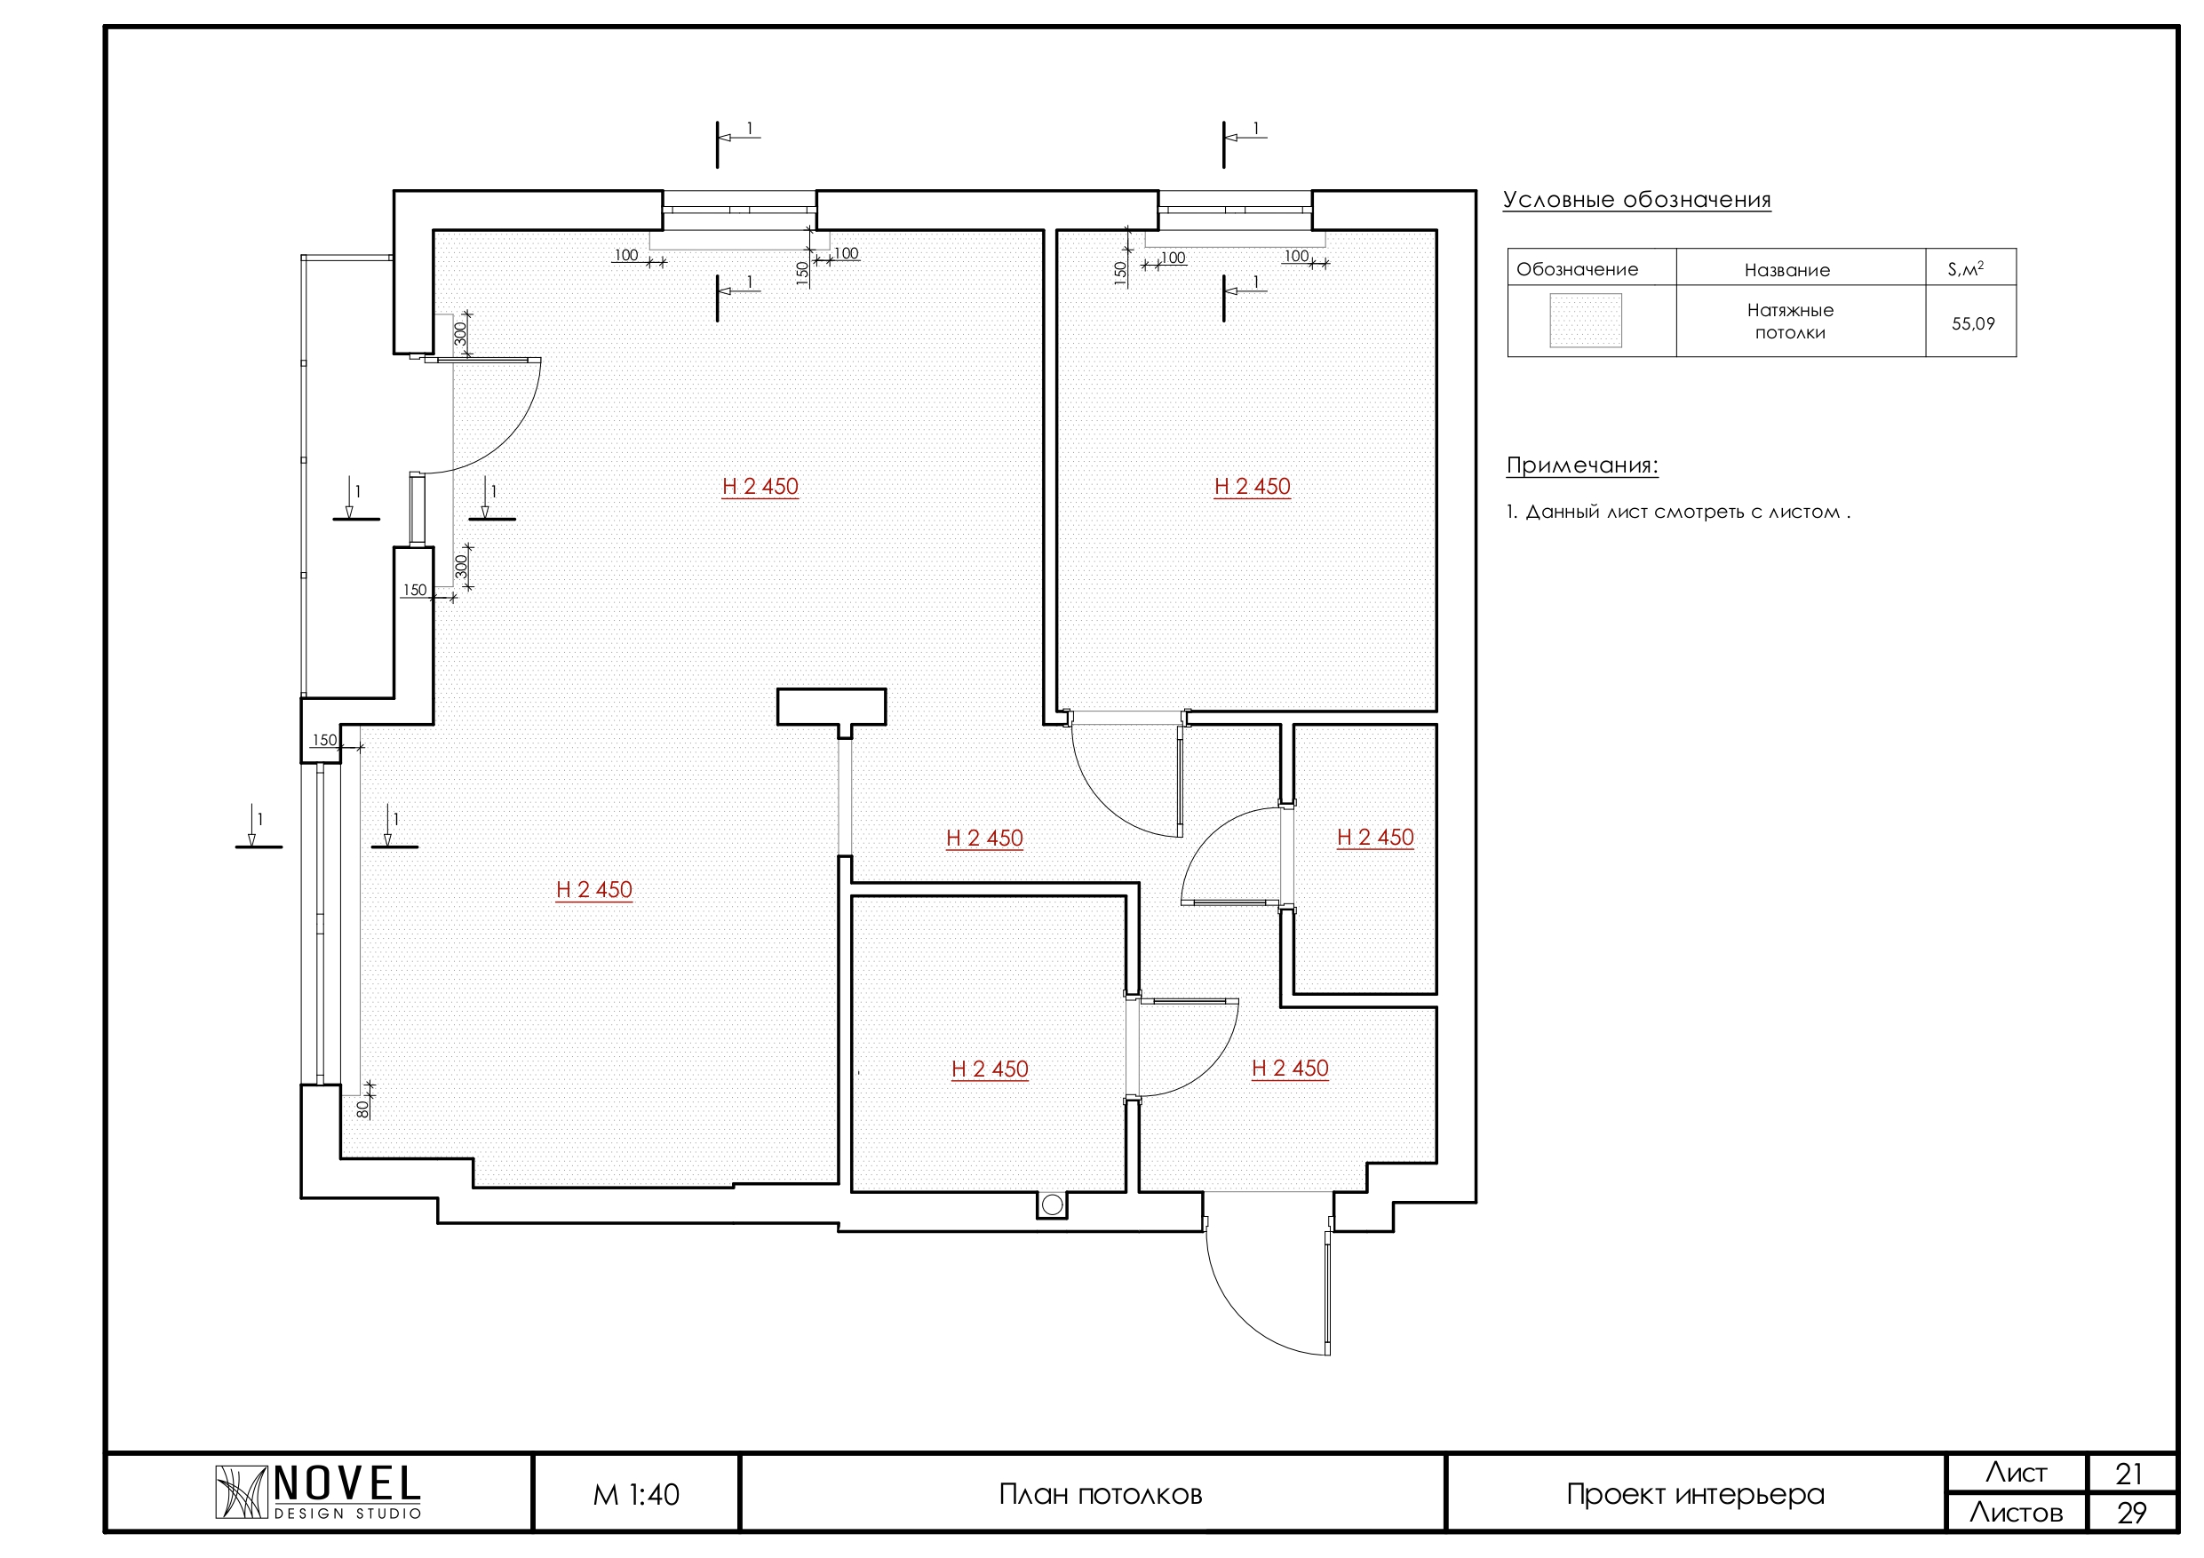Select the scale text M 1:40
[636, 1495]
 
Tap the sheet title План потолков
[1100, 1495]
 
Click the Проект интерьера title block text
[1695, 1495]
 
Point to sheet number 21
[2129, 1474]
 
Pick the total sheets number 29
[2131, 1514]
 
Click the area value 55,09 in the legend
[1973, 323]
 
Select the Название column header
[1787, 270]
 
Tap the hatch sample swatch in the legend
[1586, 321]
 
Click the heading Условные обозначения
[1636, 200]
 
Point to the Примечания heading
[1582, 465]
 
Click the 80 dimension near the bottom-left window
[362, 1109]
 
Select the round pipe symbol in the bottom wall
[1052, 1204]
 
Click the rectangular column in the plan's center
[831, 707]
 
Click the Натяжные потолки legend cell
[1790, 322]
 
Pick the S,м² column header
[1965, 269]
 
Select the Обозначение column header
[1577, 270]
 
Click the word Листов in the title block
[2016, 1514]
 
